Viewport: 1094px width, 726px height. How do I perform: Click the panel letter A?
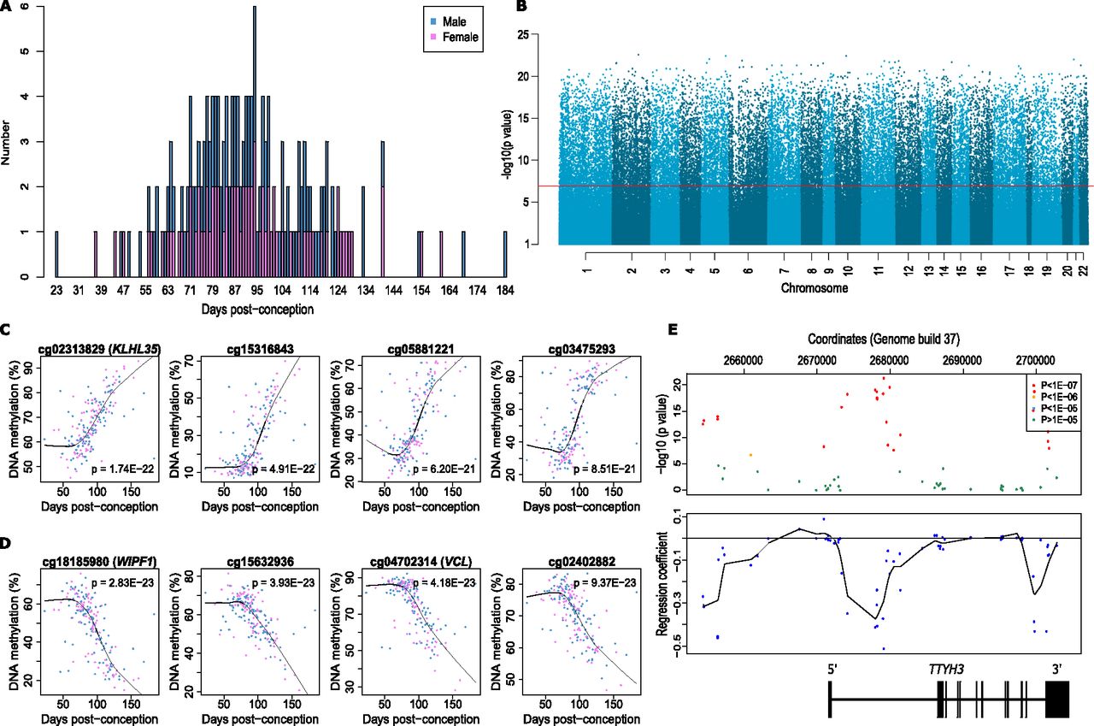(x=6, y=7)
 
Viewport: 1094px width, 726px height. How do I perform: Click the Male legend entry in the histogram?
(x=461, y=21)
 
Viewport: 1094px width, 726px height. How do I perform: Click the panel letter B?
(x=520, y=7)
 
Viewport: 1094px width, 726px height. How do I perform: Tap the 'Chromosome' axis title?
(x=814, y=288)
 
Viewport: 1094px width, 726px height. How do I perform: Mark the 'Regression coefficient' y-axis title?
(x=662, y=583)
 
